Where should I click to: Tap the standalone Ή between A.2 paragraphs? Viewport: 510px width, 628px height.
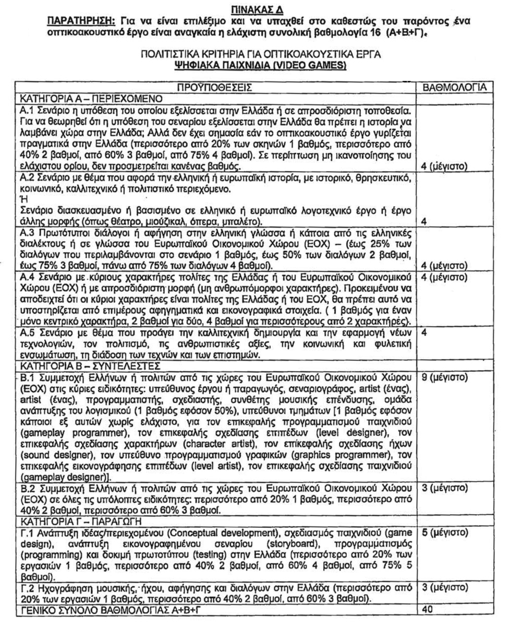[x=22, y=198]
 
